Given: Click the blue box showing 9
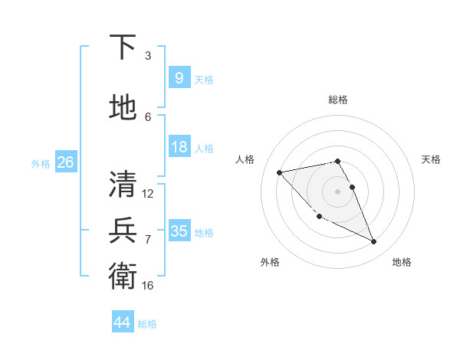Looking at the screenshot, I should (179, 78).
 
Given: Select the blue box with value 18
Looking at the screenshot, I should (179, 147).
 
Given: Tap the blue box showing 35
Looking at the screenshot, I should (179, 231).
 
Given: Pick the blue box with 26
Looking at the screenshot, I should (65, 162).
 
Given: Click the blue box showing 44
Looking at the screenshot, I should (122, 322).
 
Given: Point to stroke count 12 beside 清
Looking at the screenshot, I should (148, 194).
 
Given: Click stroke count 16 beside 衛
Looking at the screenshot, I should (148, 285).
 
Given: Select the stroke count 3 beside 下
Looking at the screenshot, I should (148, 56).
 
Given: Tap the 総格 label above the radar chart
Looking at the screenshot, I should (338, 100).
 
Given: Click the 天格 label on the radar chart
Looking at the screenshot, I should (432, 159).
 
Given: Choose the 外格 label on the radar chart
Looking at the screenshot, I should (270, 262).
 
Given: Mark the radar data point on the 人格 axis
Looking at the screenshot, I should (279, 172).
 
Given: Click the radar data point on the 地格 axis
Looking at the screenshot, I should (374, 242).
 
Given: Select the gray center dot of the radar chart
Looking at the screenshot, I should (338, 191).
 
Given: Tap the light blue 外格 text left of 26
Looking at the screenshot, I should (41, 163).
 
